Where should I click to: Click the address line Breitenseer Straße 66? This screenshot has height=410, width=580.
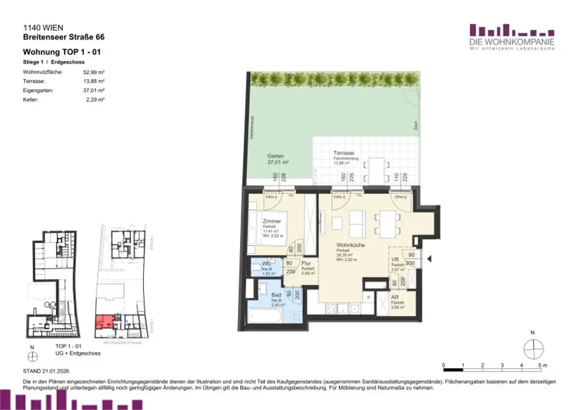(x=63, y=37)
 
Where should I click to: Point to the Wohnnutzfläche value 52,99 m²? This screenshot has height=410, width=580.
(x=94, y=72)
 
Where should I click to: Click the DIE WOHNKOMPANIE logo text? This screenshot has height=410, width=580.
(x=512, y=42)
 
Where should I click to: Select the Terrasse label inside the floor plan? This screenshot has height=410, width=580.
(x=344, y=153)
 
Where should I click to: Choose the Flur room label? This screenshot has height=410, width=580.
(x=306, y=263)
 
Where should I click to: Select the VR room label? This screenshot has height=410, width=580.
(x=395, y=260)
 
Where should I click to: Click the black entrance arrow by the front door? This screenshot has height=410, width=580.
(x=429, y=259)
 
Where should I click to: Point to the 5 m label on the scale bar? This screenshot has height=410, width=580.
(x=543, y=365)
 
